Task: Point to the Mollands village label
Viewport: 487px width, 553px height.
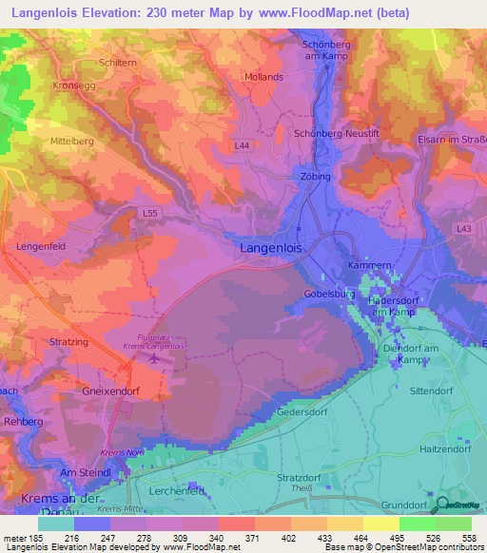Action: tap(263, 77)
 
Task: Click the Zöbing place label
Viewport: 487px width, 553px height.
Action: tap(314, 177)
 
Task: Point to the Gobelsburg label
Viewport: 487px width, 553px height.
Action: tap(329, 295)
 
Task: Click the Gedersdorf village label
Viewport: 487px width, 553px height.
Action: tap(302, 413)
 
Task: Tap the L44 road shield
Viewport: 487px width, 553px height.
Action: tap(243, 145)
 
